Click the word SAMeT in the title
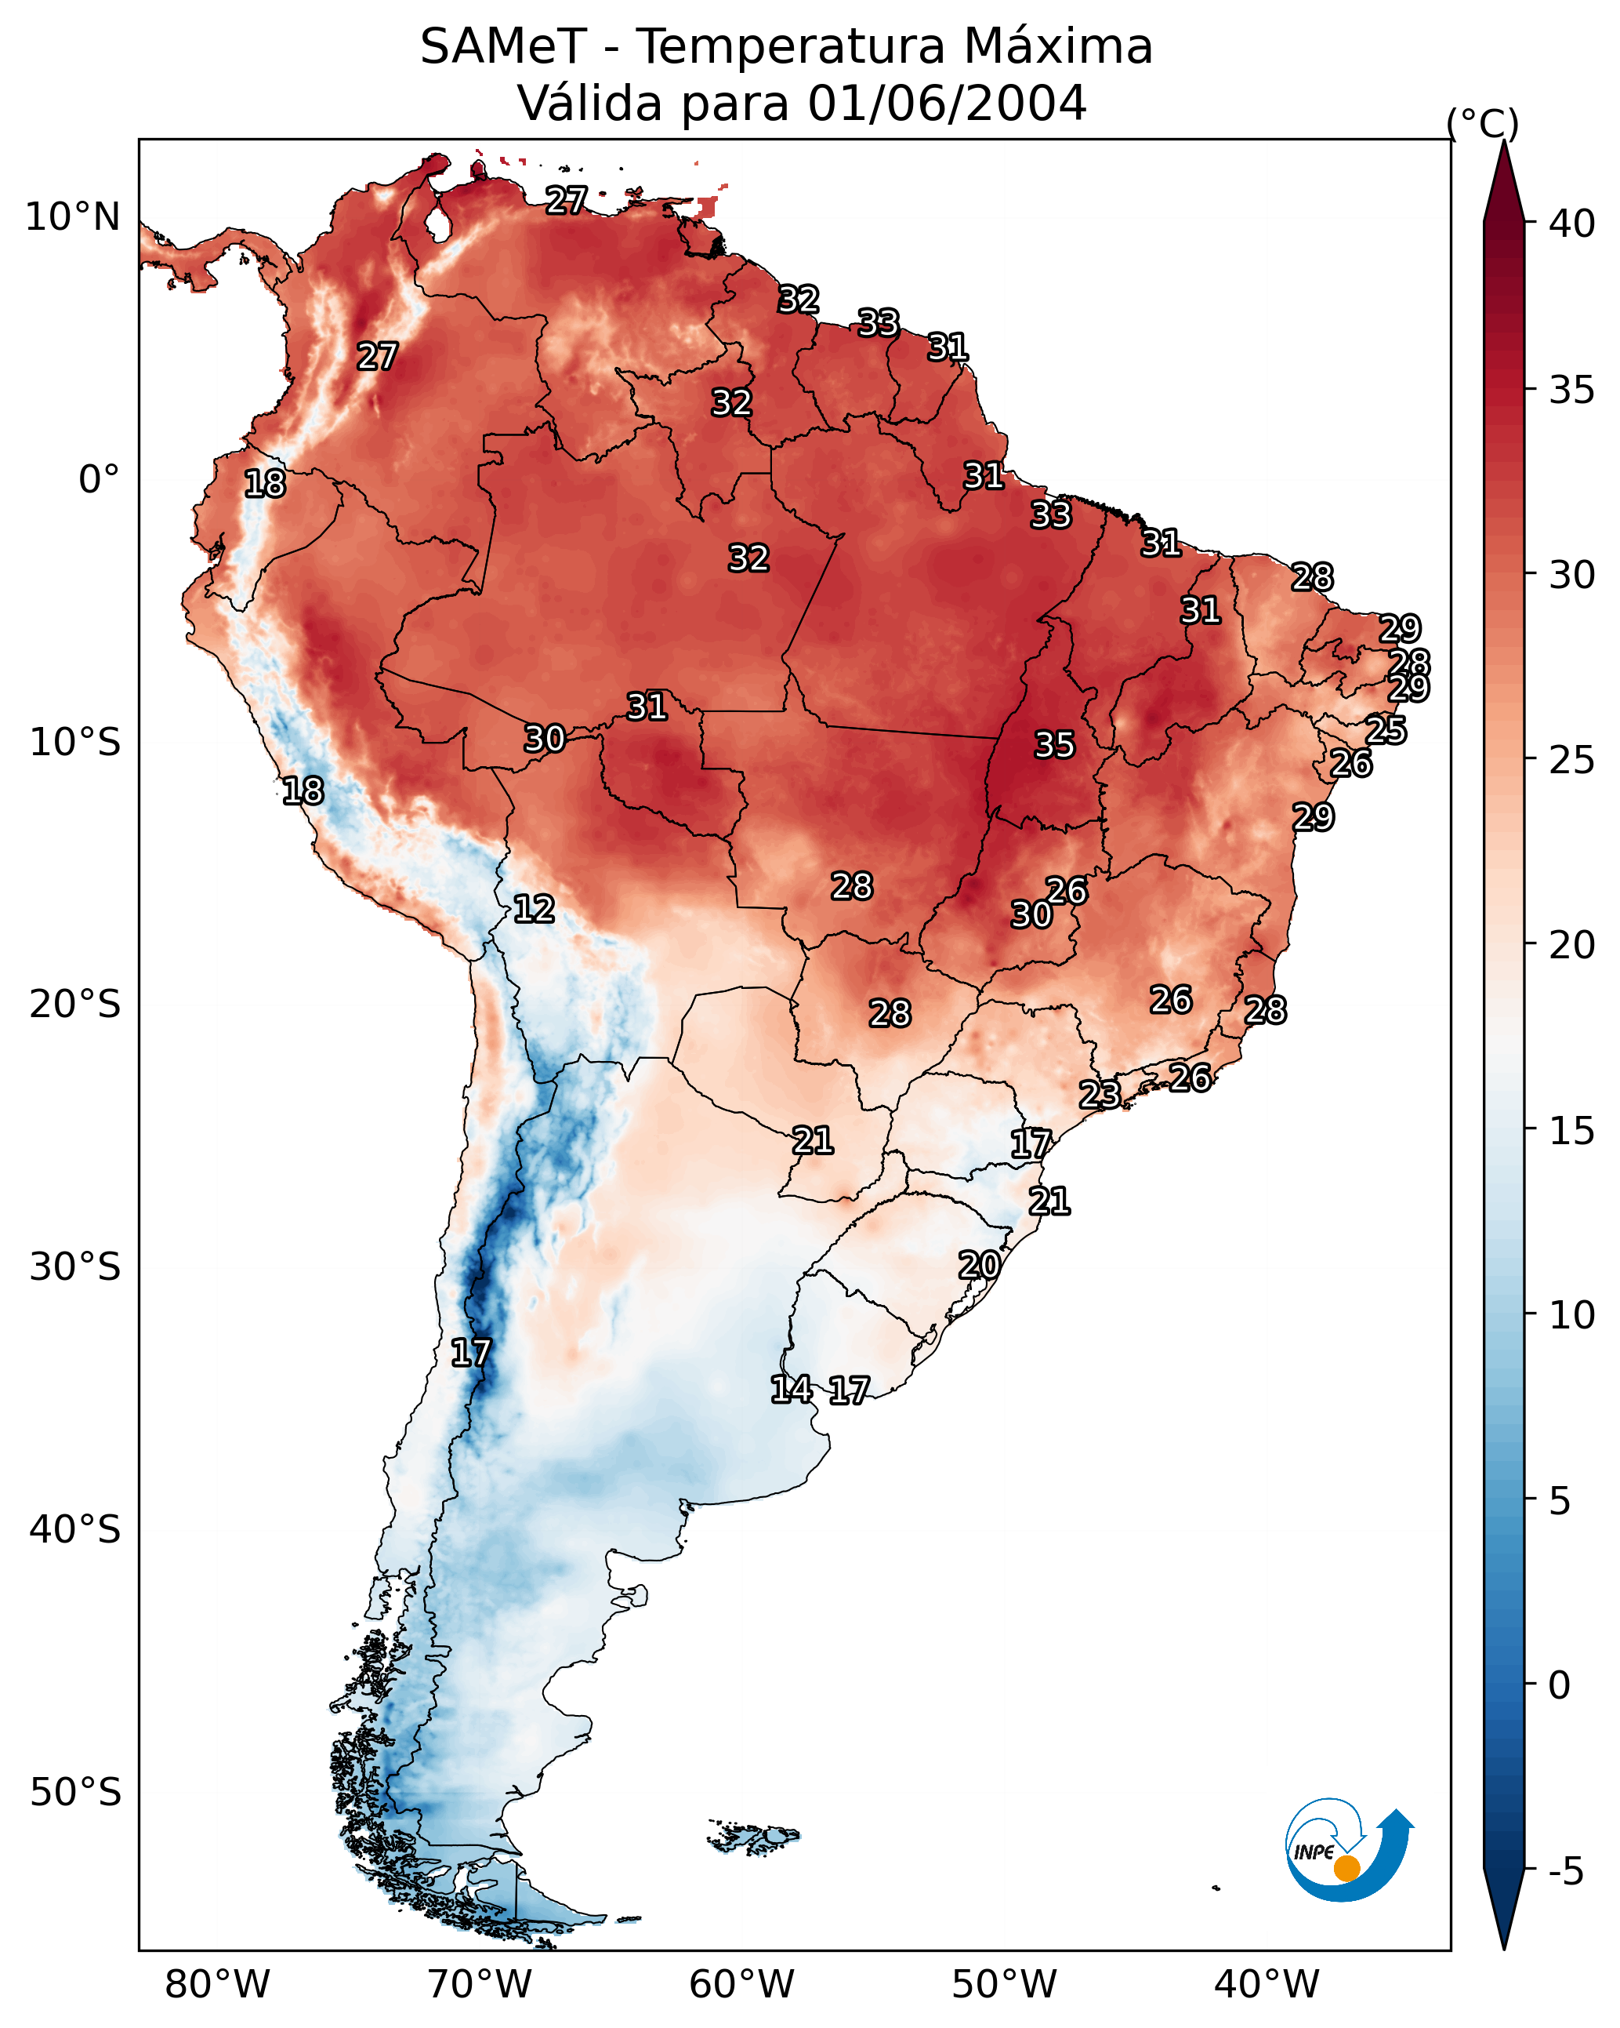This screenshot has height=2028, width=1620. pyautogui.click(x=502, y=47)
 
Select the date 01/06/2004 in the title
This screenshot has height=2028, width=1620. pyautogui.click(x=947, y=104)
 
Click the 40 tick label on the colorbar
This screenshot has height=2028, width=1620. pyautogui.click(x=1571, y=224)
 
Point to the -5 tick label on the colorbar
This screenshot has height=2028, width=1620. pyautogui.click(x=1565, y=1872)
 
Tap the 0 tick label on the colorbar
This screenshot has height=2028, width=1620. pyautogui.click(x=1559, y=1685)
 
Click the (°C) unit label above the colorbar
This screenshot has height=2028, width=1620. pyautogui.click(x=1482, y=123)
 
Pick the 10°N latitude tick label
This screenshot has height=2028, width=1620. pyautogui.click(x=72, y=217)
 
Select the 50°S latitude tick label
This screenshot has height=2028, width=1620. pyautogui.click(x=75, y=1793)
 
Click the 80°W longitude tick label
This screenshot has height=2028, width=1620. pyautogui.click(x=217, y=1985)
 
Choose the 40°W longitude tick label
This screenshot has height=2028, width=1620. pyautogui.click(x=1267, y=1985)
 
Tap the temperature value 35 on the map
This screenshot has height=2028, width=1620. pyautogui.click(x=1054, y=745)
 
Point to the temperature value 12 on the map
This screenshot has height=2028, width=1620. pyautogui.click(x=533, y=909)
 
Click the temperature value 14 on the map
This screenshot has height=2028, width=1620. pyautogui.click(x=791, y=1390)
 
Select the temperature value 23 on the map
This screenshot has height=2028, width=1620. pyautogui.click(x=1099, y=1094)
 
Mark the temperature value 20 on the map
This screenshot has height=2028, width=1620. pyautogui.click(x=979, y=1265)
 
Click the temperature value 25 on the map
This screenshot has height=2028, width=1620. pyautogui.click(x=1386, y=730)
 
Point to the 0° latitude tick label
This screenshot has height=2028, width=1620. pyautogui.click(x=99, y=480)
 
